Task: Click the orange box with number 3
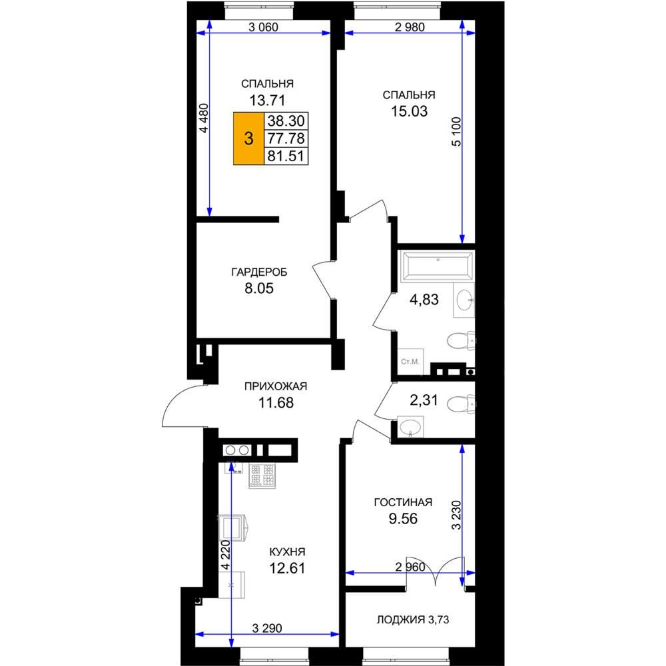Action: point(249,139)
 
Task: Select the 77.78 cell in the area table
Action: point(286,139)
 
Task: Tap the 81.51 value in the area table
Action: point(286,156)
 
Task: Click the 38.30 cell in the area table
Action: point(286,121)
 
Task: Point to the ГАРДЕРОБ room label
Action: point(259,272)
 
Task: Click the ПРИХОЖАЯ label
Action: point(276,386)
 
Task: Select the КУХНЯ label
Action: point(288,551)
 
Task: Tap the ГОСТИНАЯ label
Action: point(403,502)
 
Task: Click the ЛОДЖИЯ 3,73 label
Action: point(413,619)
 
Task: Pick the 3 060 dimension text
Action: point(263,27)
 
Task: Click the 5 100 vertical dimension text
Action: point(456,132)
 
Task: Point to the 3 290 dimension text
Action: point(267,628)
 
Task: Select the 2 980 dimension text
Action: point(410,27)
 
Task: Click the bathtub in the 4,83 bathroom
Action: point(438,266)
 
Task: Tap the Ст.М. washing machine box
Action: point(410,362)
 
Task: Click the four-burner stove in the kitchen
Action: point(262,476)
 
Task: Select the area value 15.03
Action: point(409,111)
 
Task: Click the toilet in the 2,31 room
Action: point(461,404)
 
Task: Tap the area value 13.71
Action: point(267,101)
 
